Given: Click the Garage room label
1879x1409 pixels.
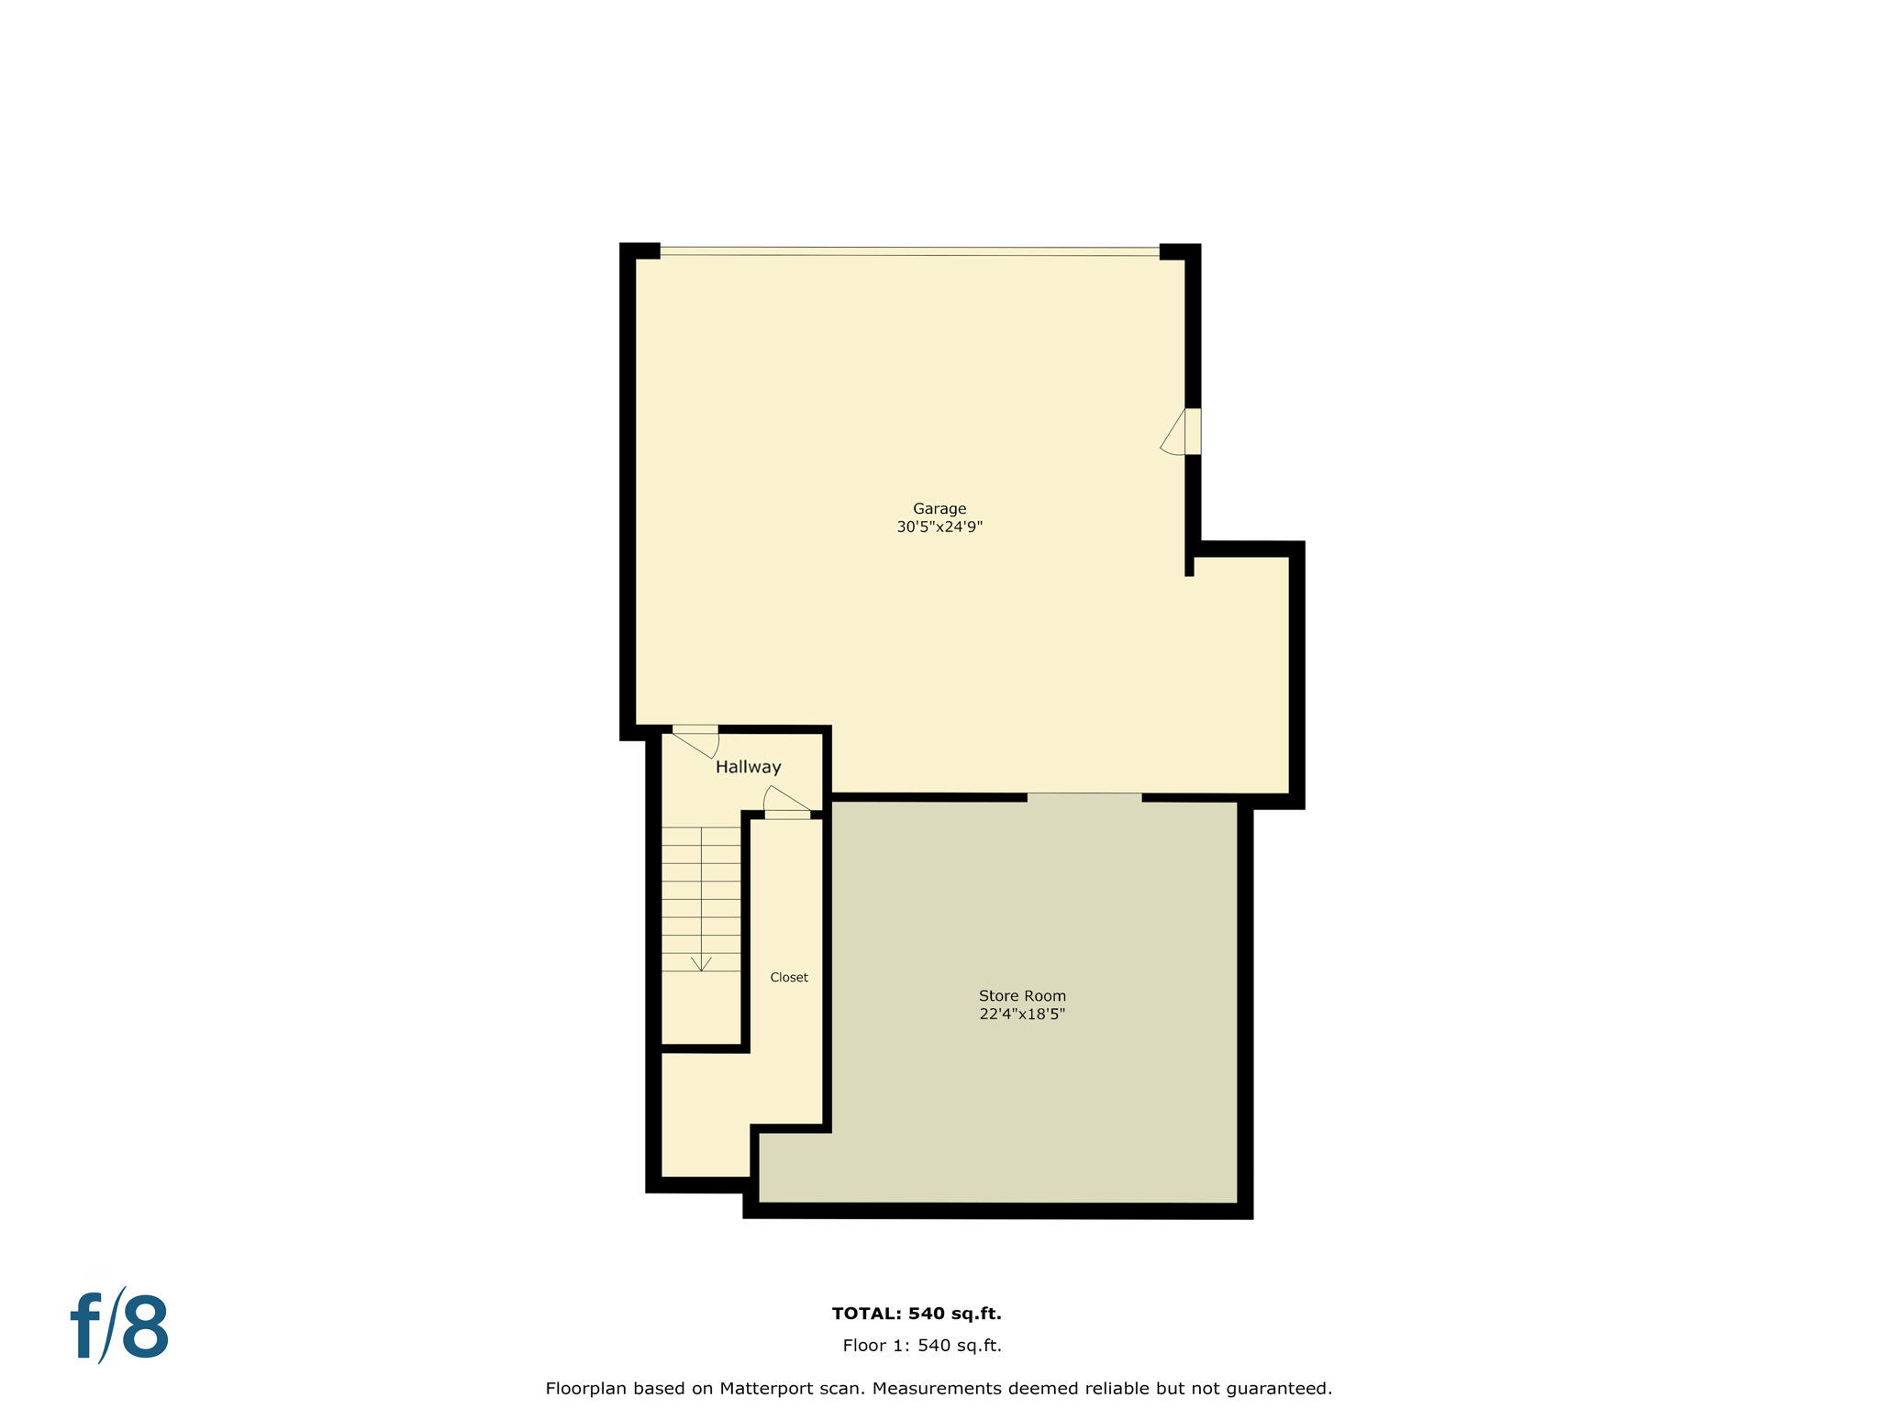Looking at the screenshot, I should click(x=939, y=508).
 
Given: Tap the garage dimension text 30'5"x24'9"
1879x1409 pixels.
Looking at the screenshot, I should click(x=939, y=527).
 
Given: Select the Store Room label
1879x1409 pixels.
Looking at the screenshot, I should click(x=1022, y=995).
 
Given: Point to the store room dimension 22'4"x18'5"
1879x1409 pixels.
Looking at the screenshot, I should click(x=1022, y=1015).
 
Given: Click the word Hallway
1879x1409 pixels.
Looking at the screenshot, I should click(x=748, y=767).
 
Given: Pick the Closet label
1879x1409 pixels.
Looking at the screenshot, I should click(x=789, y=978).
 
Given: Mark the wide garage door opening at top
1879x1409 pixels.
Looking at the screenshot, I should click(x=909, y=250).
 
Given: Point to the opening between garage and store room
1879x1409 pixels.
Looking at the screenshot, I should click(x=1084, y=796).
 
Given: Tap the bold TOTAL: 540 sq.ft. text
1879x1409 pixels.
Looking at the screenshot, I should click(x=916, y=1314).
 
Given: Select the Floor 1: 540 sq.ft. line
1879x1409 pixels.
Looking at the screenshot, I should click(x=921, y=1346).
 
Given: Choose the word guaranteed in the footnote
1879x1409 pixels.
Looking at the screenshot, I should click(x=1280, y=1389).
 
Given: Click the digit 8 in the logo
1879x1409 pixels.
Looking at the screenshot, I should click(x=145, y=1326).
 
